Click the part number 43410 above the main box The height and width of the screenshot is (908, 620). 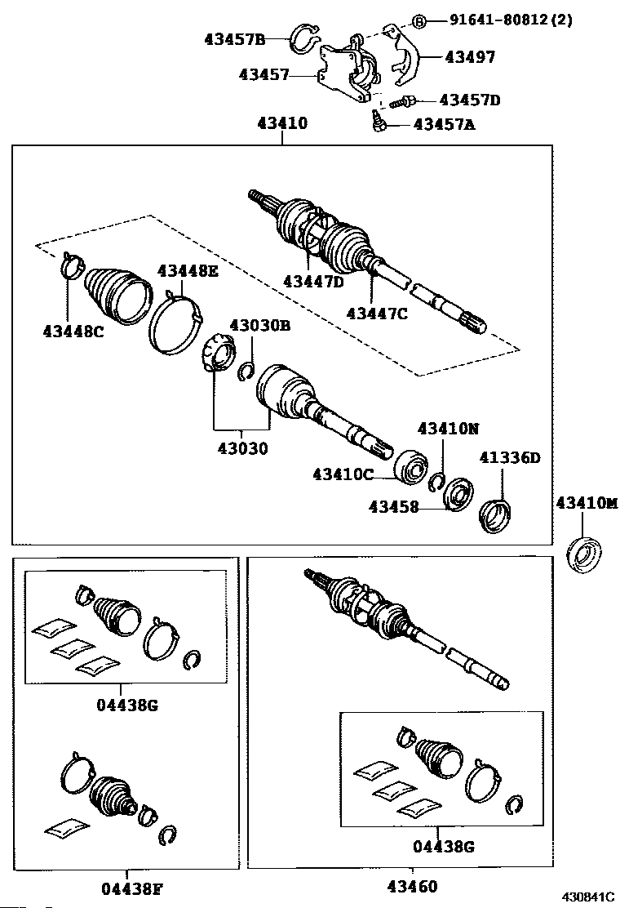282,124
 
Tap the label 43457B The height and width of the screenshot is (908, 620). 235,38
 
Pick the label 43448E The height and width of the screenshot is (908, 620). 188,271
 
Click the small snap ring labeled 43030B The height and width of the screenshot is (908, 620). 245,372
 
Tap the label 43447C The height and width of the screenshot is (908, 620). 376,313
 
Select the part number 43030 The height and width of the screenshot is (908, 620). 241,448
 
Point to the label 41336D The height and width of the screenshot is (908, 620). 510,457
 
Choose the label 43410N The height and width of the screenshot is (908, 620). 448,428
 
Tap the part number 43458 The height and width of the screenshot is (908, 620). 393,507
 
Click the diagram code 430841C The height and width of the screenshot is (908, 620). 585,897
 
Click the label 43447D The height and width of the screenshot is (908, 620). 313,281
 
